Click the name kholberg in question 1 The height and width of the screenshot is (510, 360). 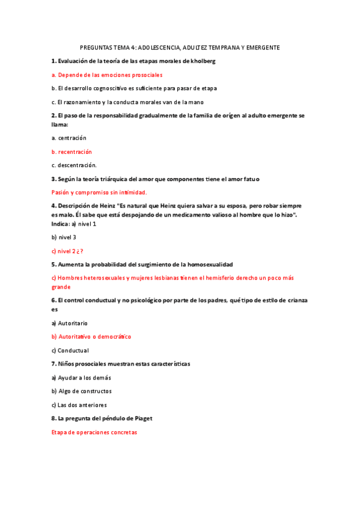[203, 61]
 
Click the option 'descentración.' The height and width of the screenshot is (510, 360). [74, 165]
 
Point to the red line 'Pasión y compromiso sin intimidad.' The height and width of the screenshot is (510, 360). [99, 192]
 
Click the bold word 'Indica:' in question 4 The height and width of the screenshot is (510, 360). [61, 224]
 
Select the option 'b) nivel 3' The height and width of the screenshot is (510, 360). [64, 237]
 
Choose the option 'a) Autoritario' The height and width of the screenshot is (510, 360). [69, 323]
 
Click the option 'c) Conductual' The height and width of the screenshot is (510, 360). [70, 351]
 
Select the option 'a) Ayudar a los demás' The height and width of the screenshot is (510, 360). [81, 378]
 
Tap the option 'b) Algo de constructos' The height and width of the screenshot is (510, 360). [81, 392]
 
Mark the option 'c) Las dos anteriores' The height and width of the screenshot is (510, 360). [81, 405]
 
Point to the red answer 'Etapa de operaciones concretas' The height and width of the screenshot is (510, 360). [94, 432]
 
